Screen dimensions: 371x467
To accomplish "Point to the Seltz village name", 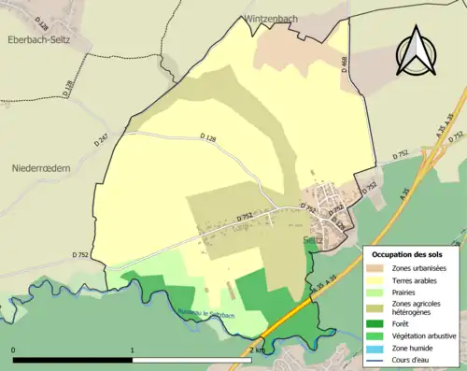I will pos(315,239).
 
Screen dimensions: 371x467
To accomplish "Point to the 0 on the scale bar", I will pos(13,350).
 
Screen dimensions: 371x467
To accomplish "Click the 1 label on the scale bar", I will pos(133,350).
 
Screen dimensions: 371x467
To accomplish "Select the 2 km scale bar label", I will pos(257,350).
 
